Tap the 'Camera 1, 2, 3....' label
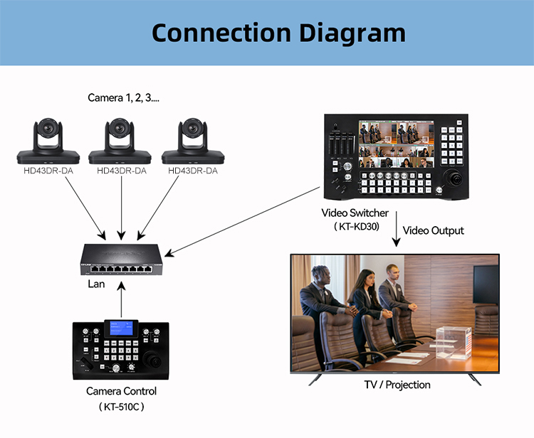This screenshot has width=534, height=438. click(123, 97)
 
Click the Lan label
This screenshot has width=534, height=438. click(96, 284)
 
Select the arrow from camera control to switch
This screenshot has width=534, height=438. click(122, 299)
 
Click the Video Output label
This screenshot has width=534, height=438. click(433, 230)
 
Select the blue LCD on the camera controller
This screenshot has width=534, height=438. click(120, 328)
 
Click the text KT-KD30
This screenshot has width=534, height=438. click(356, 227)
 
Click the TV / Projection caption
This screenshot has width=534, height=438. click(397, 385)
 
